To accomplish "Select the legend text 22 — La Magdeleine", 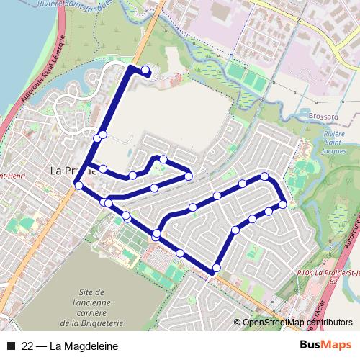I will point(70,346).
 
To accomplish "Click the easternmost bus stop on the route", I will point(283,204).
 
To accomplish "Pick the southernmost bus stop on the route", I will point(215,269).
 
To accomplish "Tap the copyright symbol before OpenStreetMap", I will point(238,323).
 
